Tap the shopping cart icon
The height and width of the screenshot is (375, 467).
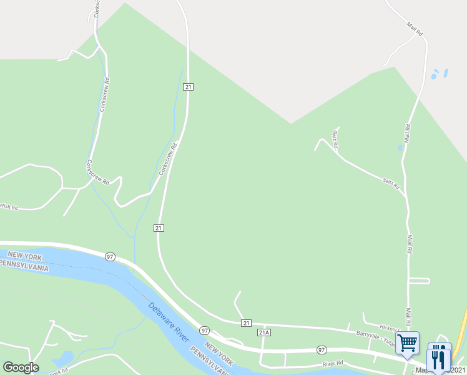(x=408, y=342)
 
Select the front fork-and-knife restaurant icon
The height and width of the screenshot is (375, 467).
(x=440, y=358)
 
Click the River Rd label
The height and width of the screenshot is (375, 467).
(x=333, y=363)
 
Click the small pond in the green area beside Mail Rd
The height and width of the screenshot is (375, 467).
(x=400, y=148)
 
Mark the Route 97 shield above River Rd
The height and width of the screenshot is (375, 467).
(x=322, y=349)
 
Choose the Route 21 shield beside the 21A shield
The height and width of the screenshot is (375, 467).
(x=247, y=322)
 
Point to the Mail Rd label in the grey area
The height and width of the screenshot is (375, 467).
(x=415, y=29)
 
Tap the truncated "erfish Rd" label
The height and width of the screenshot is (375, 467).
(x=9, y=206)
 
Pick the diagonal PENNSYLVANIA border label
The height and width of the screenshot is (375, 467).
(x=209, y=359)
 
